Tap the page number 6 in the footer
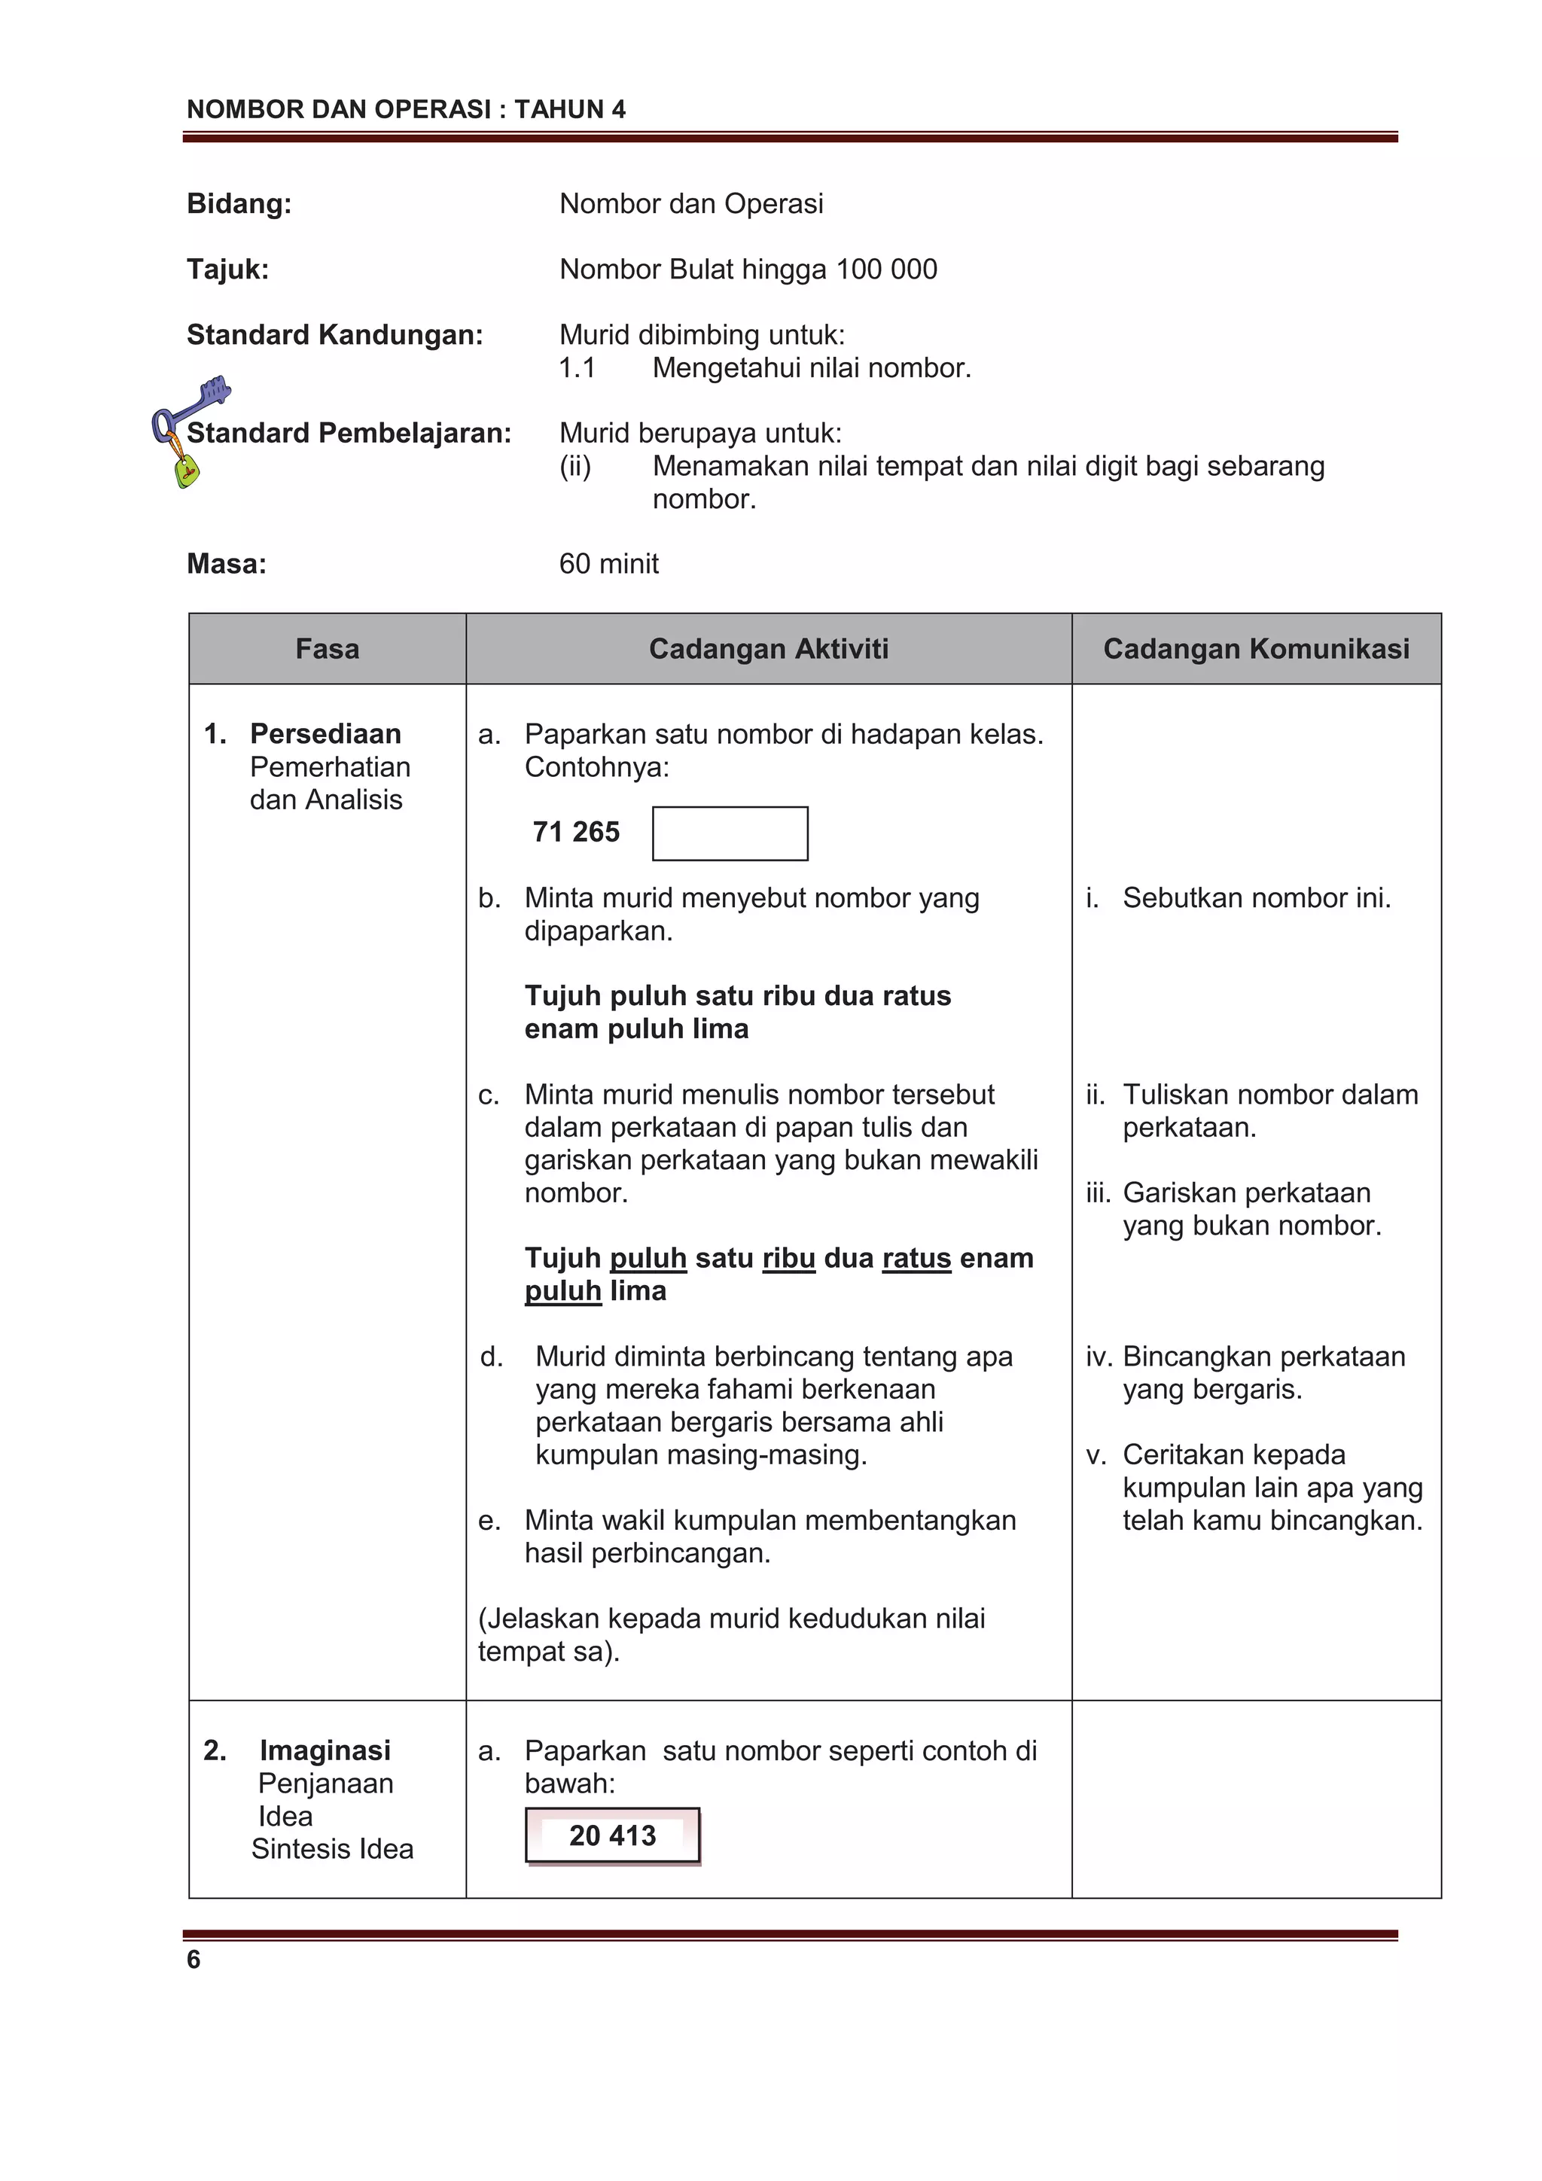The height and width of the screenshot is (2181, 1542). pyautogui.click(x=194, y=1959)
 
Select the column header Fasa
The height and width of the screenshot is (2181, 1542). pyautogui.click(x=327, y=649)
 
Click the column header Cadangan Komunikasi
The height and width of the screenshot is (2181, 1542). pyautogui.click(x=1255, y=649)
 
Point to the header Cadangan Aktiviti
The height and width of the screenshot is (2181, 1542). pyautogui.click(x=768, y=649)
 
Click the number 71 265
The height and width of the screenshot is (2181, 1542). pyautogui.click(x=576, y=832)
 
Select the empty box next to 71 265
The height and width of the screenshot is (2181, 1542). pyautogui.click(x=730, y=833)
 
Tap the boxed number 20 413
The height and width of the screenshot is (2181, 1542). pyautogui.click(x=612, y=1835)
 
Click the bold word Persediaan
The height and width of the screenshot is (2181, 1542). pyautogui.click(x=325, y=733)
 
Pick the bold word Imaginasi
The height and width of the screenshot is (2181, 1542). pyautogui.click(x=325, y=1750)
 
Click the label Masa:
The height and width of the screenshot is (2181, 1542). pyautogui.click(x=226, y=563)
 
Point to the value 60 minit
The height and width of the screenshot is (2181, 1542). pyautogui.click(x=608, y=563)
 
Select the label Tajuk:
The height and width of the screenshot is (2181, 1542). pyautogui.click(x=227, y=269)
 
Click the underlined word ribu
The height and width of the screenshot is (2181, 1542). pyautogui.click(x=788, y=1258)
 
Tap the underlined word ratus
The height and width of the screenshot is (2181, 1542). pyautogui.click(x=916, y=1258)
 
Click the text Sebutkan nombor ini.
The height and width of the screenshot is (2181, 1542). pyautogui.click(x=1256, y=897)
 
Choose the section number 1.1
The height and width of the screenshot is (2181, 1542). pyautogui.click(x=577, y=367)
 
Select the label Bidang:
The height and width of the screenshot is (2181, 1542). pyautogui.click(x=239, y=203)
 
